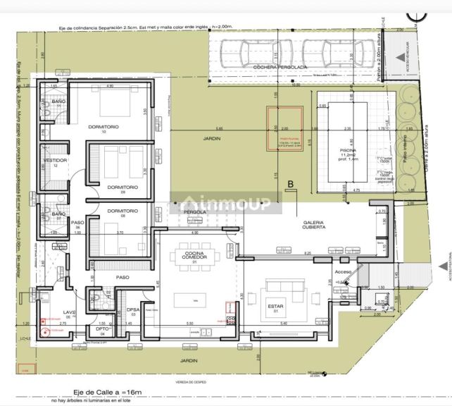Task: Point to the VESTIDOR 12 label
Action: [x=55, y=161]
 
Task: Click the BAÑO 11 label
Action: [x=58, y=103]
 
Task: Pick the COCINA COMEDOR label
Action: [x=195, y=256]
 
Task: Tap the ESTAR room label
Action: [x=275, y=306]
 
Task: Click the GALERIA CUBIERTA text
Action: [x=314, y=223]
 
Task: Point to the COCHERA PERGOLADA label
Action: [x=275, y=67]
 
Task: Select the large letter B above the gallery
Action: [x=290, y=185]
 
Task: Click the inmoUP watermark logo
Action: [x=226, y=204]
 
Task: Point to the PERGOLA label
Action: [x=194, y=211]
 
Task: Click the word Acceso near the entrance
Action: [x=343, y=271]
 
